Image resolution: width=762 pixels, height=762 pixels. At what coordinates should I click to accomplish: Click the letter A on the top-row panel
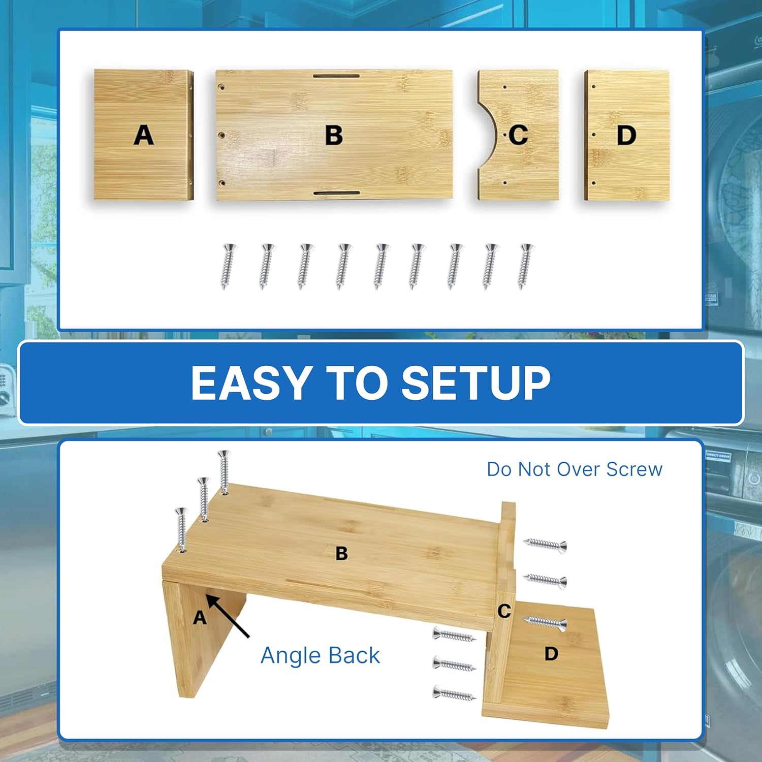[144, 136]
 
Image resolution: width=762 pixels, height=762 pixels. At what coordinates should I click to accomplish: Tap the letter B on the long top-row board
[334, 136]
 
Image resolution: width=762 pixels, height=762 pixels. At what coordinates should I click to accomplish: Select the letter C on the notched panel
[518, 135]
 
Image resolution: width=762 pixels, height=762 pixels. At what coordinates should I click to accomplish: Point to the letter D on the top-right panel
[626, 136]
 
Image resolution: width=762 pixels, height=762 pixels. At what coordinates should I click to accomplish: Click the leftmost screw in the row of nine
[228, 266]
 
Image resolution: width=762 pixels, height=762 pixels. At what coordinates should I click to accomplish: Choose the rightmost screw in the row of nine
[526, 266]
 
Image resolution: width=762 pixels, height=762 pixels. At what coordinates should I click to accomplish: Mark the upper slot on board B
[336, 76]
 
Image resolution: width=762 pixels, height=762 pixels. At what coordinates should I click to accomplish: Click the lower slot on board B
[336, 193]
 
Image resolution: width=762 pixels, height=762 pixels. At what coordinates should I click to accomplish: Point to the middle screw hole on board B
[221, 136]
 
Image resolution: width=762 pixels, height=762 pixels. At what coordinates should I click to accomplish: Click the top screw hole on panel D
[593, 87]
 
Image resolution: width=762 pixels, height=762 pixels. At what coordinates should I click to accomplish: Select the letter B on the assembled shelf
[342, 553]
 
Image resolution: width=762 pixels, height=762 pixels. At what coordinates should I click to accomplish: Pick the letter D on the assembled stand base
[551, 653]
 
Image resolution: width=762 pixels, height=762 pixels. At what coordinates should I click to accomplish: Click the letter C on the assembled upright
[504, 611]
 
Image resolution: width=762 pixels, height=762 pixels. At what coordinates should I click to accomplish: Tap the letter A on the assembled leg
[200, 618]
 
